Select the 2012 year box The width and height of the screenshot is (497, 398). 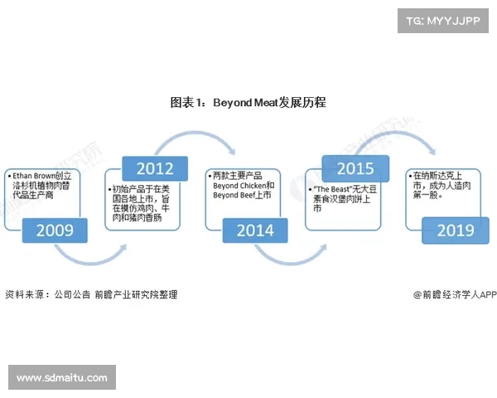(x=155, y=169)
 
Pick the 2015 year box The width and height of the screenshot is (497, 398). (x=355, y=169)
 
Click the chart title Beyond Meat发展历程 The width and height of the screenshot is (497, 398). (x=248, y=103)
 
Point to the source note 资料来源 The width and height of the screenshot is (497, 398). (x=25, y=294)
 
